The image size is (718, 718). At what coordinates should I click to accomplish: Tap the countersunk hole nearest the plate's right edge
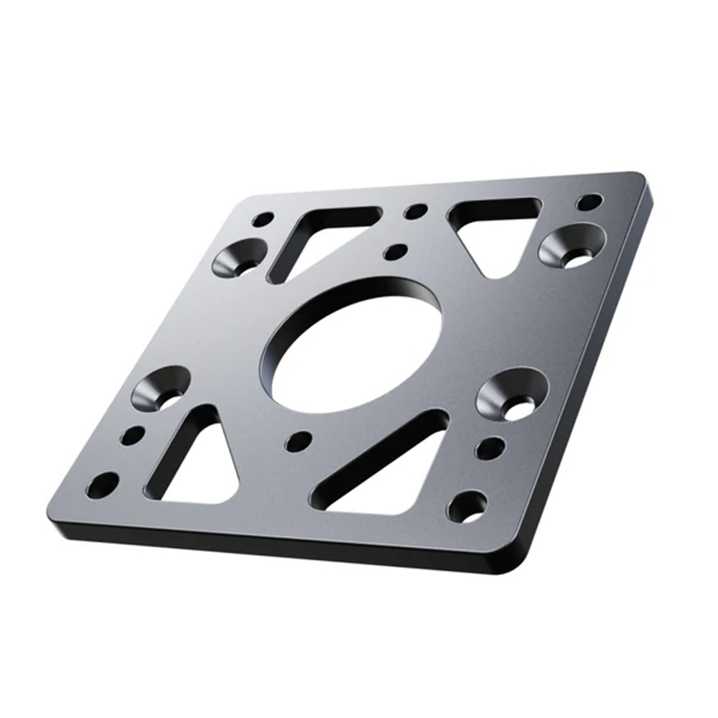tap(572, 245)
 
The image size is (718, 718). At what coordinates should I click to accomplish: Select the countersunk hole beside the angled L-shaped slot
tap(240, 258)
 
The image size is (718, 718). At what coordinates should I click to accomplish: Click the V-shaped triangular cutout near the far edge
tap(495, 230)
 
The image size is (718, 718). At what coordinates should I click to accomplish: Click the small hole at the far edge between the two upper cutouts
tap(415, 212)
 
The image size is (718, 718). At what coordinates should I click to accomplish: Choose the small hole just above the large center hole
tap(395, 252)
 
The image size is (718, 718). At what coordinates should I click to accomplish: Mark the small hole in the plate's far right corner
tap(589, 202)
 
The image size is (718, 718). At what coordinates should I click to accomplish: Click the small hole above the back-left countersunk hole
tap(264, 219)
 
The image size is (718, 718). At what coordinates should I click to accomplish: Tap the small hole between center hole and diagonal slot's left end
tap(298, 441)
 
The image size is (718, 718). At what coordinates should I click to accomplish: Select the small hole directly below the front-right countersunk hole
tap(490, 448)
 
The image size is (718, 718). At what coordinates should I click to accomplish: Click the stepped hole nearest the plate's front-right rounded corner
tap(467, 507)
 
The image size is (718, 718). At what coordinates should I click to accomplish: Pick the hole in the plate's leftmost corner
tap(102, 485)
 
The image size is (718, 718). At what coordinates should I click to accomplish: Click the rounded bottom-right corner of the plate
tap(528, 560)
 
